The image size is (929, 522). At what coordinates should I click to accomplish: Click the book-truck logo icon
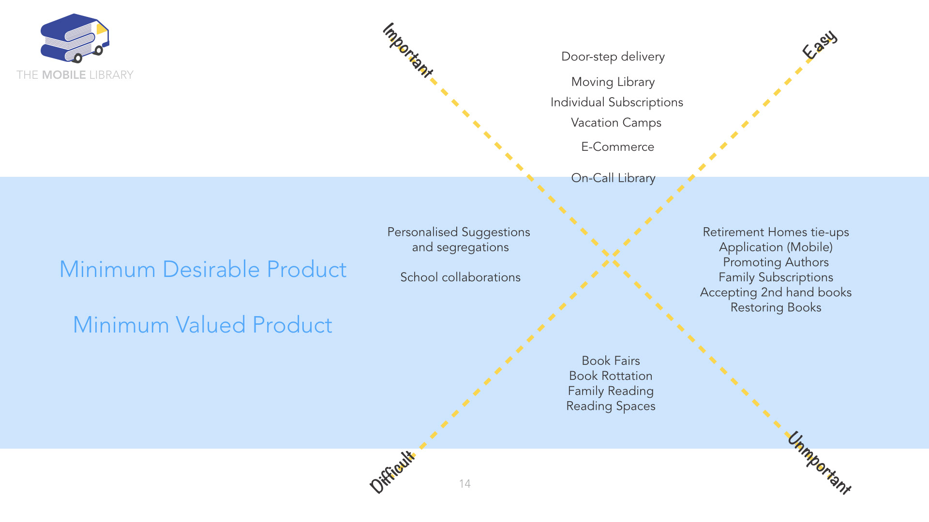[75, 38]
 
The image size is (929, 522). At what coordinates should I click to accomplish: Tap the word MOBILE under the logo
[64, 75]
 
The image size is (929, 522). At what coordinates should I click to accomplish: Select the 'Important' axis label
[407, 50]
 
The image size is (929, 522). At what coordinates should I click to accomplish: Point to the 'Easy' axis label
[819, 44]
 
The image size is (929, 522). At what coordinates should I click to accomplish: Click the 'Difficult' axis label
[392, 472]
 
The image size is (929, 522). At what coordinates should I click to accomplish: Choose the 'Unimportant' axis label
[819, 463]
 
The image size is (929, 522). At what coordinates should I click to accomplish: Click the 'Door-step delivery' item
[613, 57]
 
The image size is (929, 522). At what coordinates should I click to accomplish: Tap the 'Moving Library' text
[613, 82]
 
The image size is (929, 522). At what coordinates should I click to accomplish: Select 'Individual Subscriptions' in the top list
[616, 102]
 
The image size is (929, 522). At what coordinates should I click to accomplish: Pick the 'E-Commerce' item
[617, 147]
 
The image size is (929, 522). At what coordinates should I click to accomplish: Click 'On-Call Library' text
[613, 178]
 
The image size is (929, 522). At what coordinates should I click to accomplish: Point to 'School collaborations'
[460, 277]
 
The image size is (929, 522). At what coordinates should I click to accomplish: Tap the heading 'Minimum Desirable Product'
[203, 269]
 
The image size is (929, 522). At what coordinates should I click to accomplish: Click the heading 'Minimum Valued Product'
[202, 325]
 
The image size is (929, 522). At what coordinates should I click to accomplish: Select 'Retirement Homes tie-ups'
[776, 232]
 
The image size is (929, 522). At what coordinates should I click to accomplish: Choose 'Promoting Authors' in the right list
[776, 262]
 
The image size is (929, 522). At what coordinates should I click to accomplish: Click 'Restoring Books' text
[776, 307]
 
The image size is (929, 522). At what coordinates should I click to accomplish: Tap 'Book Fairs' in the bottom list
[611, 361]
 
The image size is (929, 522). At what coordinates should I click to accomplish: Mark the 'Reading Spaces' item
[611, 406]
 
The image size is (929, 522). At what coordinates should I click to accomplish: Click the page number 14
[464, 484]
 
